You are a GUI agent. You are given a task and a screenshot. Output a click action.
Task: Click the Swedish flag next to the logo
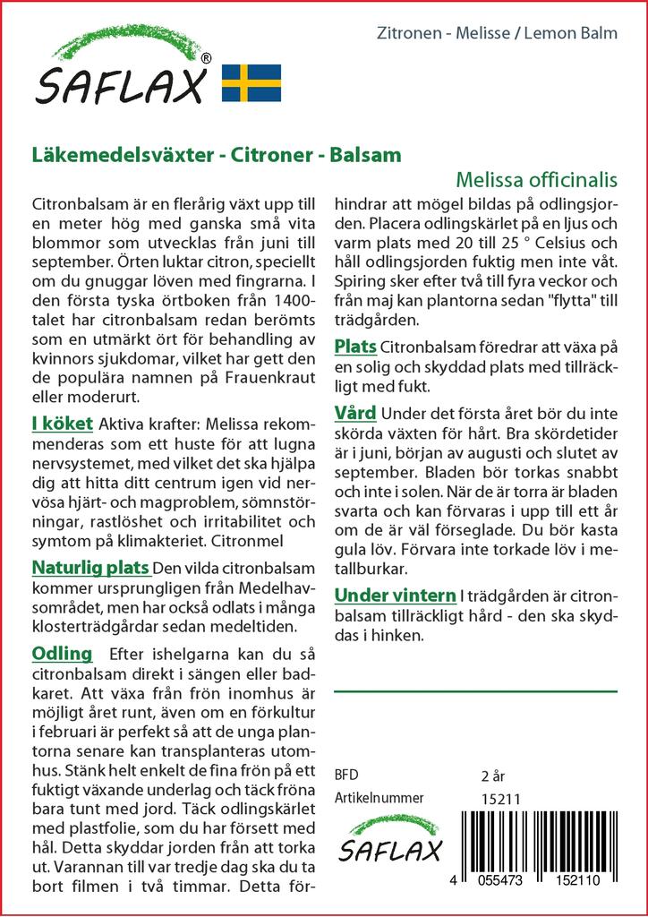[x=252, y=82]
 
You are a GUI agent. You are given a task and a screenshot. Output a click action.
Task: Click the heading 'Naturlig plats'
[x=90, y=568]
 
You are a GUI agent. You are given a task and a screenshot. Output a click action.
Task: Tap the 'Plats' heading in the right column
[x=355, y=347]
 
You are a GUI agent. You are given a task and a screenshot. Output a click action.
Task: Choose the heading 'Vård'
[x=355, y=413]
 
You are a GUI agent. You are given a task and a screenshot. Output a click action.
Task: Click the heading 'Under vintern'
[x=395, y=596]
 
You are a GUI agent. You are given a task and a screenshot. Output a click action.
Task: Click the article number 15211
[x=500, y=799]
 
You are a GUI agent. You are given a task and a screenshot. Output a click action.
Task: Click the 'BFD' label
[x=347, y=774]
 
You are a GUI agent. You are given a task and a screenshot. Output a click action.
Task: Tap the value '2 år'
[x=493, y=774]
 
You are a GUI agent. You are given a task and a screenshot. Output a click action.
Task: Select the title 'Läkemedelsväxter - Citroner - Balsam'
[x=216, y=154]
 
